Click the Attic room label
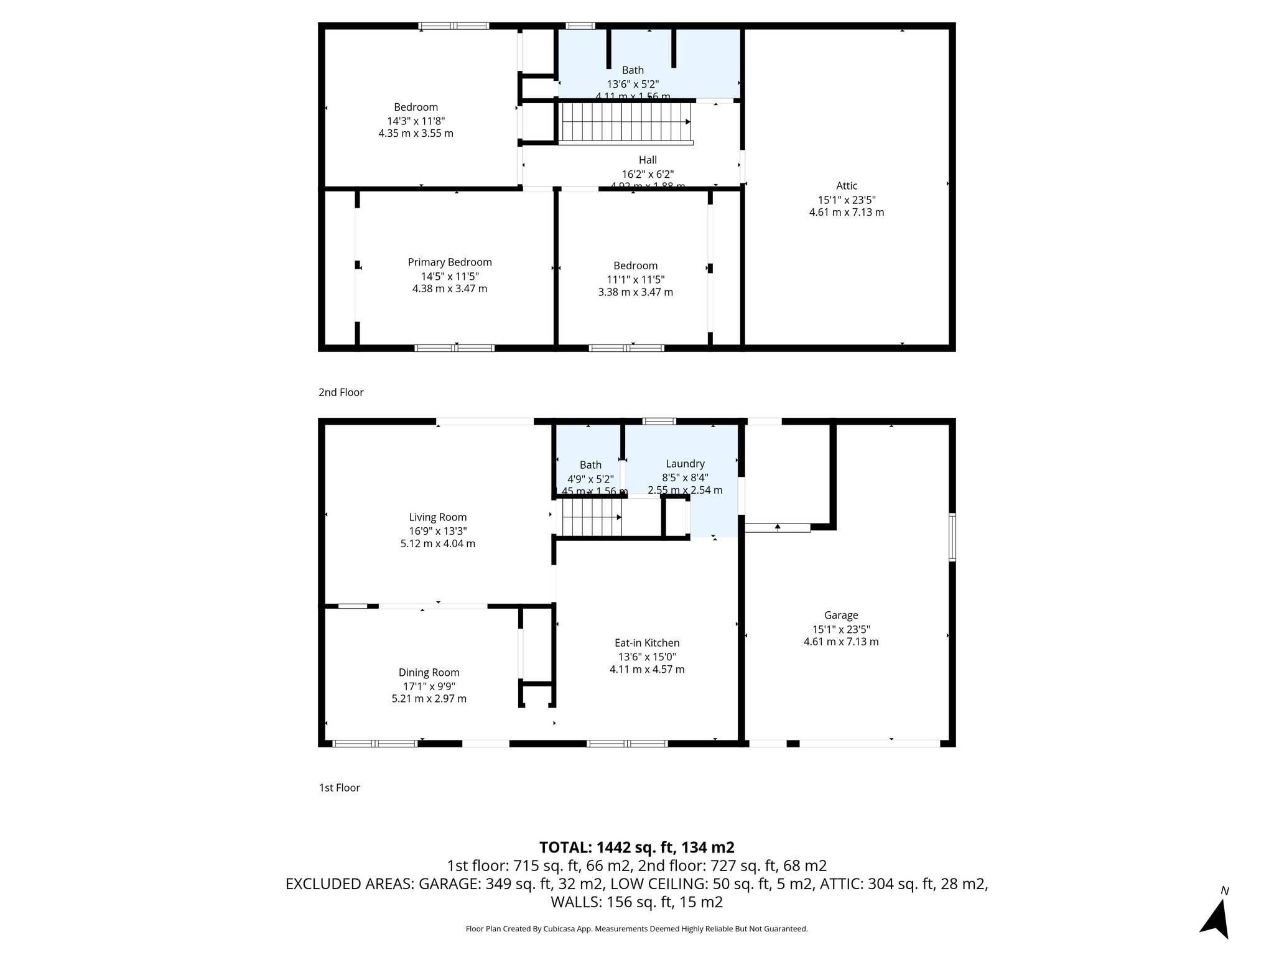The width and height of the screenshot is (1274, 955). (846, 186)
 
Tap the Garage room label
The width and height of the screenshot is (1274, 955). (840, 616)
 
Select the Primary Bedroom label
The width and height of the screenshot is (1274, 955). (450, 262)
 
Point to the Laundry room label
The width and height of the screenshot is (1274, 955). (685, 464)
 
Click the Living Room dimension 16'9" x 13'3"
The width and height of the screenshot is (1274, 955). (437, 530)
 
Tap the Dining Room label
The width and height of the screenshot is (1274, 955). (429, 673)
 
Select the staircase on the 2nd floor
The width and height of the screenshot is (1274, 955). (625, 122)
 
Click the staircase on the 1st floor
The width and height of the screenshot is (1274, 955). (592, 518)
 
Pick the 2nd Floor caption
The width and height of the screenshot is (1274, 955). (341, 392)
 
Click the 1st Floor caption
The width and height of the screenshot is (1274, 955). (339, 788)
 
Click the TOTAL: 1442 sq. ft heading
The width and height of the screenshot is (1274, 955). (636, 847)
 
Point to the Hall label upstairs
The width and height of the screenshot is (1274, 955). (648, 160)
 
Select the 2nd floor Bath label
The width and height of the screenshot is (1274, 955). (633, 71)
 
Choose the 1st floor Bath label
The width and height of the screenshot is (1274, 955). (590, 465)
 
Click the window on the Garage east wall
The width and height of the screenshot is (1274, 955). (952, 538)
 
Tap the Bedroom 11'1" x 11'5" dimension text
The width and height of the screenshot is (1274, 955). (635, 279)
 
